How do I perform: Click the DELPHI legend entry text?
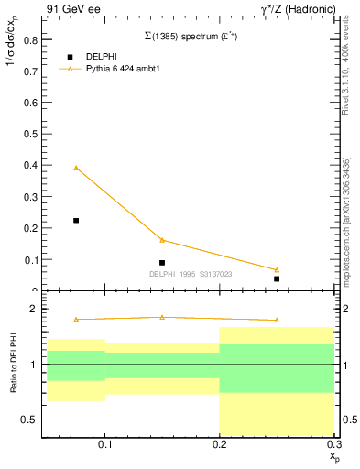[x=101, y=56]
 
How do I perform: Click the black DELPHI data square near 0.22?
[x=76, y=220]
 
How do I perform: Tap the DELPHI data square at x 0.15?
[x=162, y=263]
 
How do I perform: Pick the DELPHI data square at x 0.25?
[x=277, y=278]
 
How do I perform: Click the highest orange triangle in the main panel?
[x=76, y=168]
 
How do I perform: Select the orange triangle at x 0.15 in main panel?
[x=162, y=240]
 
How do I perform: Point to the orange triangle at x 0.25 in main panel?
[x=277, y=269]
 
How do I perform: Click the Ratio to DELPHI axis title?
[x=13, y=365]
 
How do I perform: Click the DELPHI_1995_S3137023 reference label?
[x=190, y=273]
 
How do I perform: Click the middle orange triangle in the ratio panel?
[x=162, y=317]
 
